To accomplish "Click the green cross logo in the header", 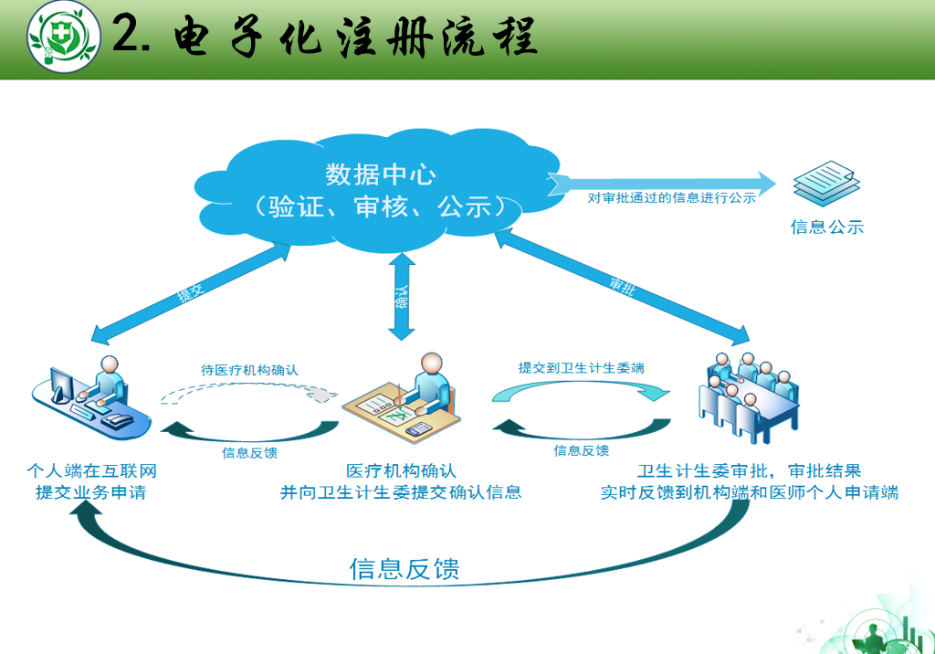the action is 64,37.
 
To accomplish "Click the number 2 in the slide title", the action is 127,34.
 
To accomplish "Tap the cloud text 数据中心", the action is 381,174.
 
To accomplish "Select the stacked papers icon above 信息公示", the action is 826,184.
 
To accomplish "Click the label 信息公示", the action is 827,227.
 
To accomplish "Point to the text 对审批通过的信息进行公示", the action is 671,198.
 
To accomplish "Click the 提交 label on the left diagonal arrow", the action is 191,292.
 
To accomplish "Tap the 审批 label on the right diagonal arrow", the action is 622,286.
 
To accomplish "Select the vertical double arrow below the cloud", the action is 402,297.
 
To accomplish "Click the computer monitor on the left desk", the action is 61,385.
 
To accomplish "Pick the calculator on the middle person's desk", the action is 418,428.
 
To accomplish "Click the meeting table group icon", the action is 749,396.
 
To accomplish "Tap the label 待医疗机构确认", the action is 249,370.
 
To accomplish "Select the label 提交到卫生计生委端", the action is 582,367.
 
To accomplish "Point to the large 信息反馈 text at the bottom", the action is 404,569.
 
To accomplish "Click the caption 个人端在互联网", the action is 92,470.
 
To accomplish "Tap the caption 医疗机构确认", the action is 402,470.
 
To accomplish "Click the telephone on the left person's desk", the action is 118,420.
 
